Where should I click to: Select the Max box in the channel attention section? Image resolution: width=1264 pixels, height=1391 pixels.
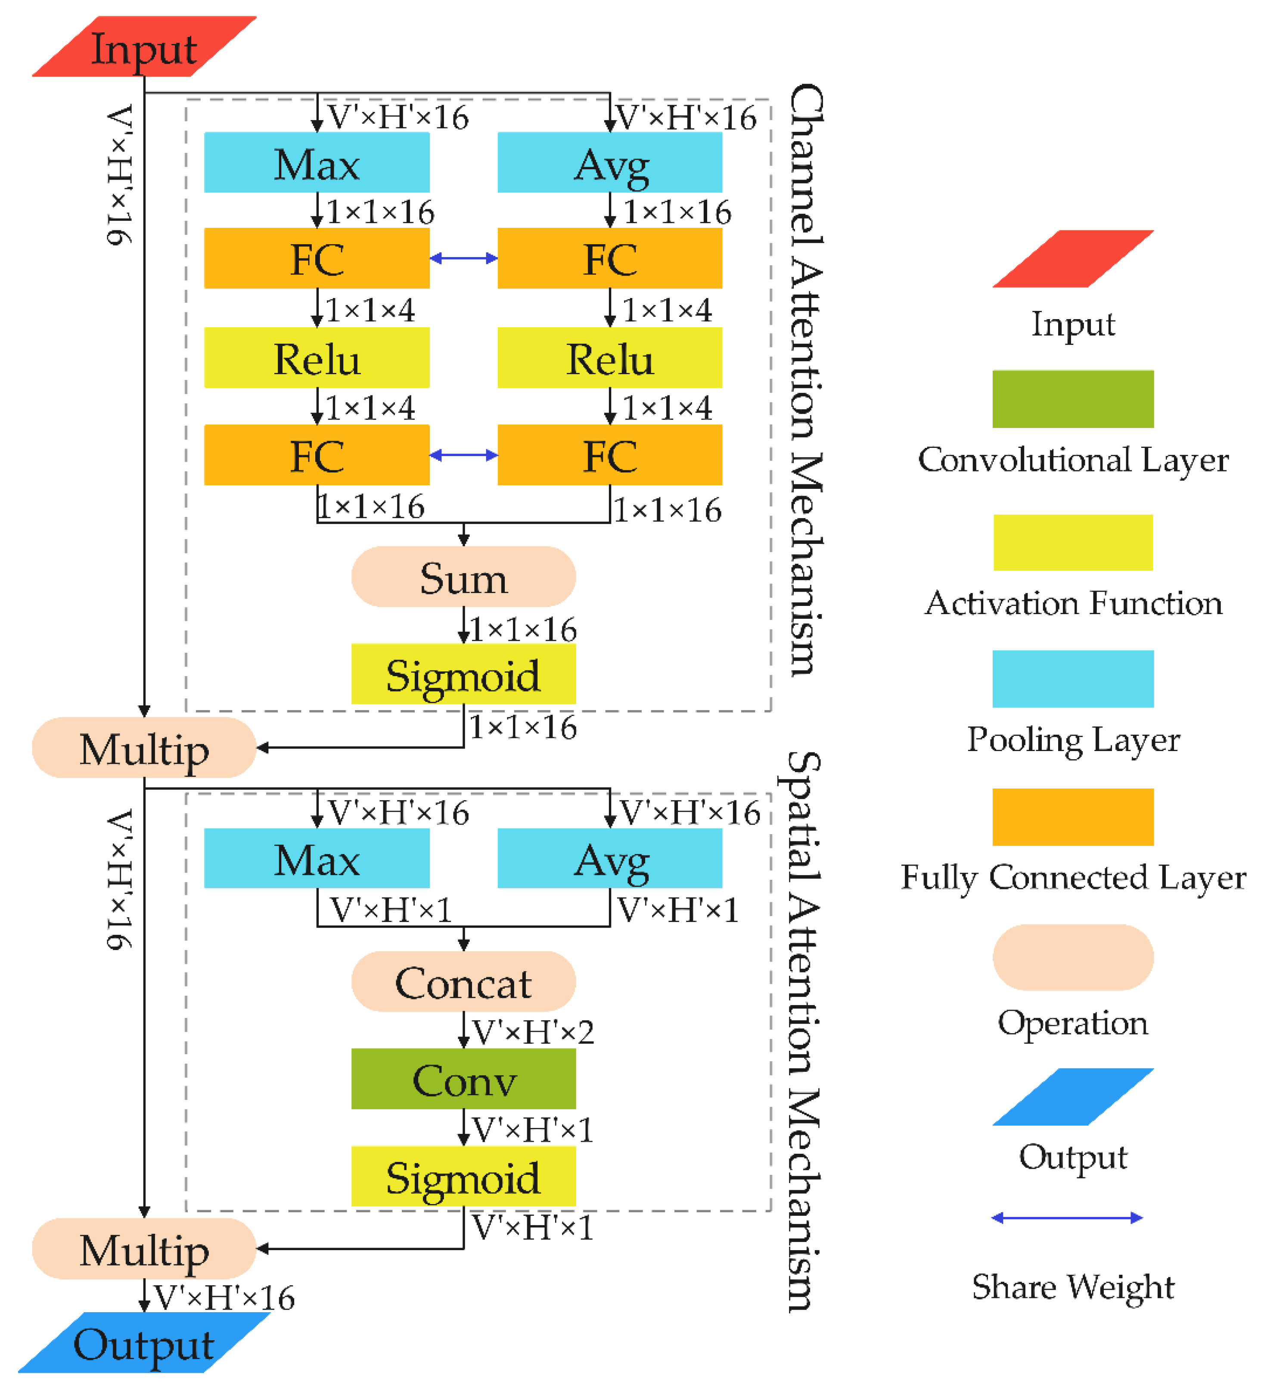click(x=317, y=163)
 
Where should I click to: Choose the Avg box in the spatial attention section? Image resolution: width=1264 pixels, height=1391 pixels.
click(x=609, y=858)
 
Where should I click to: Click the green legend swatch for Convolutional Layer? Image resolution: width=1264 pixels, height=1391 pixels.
click(x=1072, y=399)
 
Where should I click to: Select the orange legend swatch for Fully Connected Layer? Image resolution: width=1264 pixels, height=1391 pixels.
click(x=1072, y=817)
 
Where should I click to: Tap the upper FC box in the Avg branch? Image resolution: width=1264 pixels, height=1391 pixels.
click(x=609, y=258)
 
